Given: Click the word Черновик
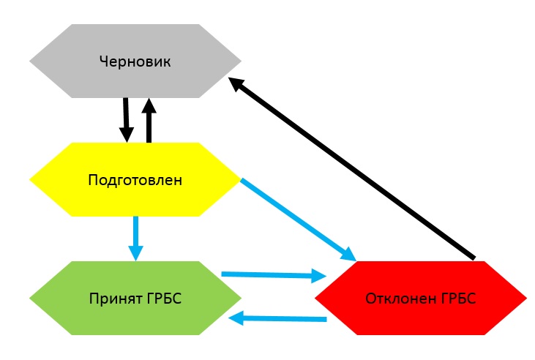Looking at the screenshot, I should point(135,61).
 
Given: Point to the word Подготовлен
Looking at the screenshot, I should point(135,180).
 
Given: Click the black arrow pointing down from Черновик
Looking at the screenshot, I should point(126,117).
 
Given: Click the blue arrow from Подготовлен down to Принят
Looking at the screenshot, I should point(135,234).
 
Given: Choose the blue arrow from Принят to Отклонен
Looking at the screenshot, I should point(271,275).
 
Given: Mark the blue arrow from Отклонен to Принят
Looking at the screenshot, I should point(282,319).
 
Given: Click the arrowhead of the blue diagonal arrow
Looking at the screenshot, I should point(347,255).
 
